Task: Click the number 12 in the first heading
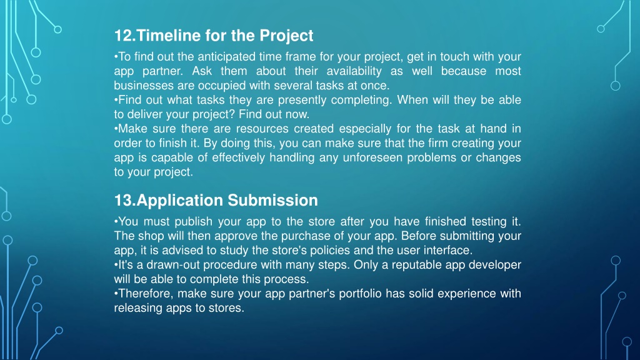tap(123, 36)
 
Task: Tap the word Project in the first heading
tap(286, 36)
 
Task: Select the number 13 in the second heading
tap(123, 201)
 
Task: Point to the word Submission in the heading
tap(272, 201)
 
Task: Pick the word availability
tap(354, 71)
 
